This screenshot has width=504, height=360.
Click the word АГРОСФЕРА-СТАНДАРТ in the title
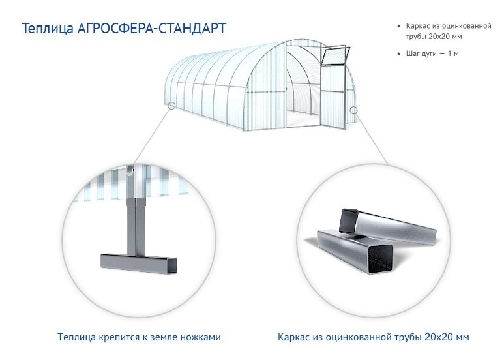152,28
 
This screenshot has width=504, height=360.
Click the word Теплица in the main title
48,29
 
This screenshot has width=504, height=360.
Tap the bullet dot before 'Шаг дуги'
399,53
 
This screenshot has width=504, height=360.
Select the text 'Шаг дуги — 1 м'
432,53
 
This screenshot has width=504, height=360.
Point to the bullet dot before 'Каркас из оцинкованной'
399,26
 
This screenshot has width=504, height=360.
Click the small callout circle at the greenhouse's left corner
171,106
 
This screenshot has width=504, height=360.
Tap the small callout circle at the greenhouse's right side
353,110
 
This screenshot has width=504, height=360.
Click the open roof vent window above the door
336,55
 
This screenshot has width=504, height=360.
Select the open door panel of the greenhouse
333,97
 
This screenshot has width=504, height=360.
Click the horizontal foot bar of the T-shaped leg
138,263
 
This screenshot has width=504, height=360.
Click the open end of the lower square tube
380,259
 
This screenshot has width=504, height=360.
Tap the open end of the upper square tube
349,221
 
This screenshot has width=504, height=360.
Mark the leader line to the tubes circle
371,139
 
